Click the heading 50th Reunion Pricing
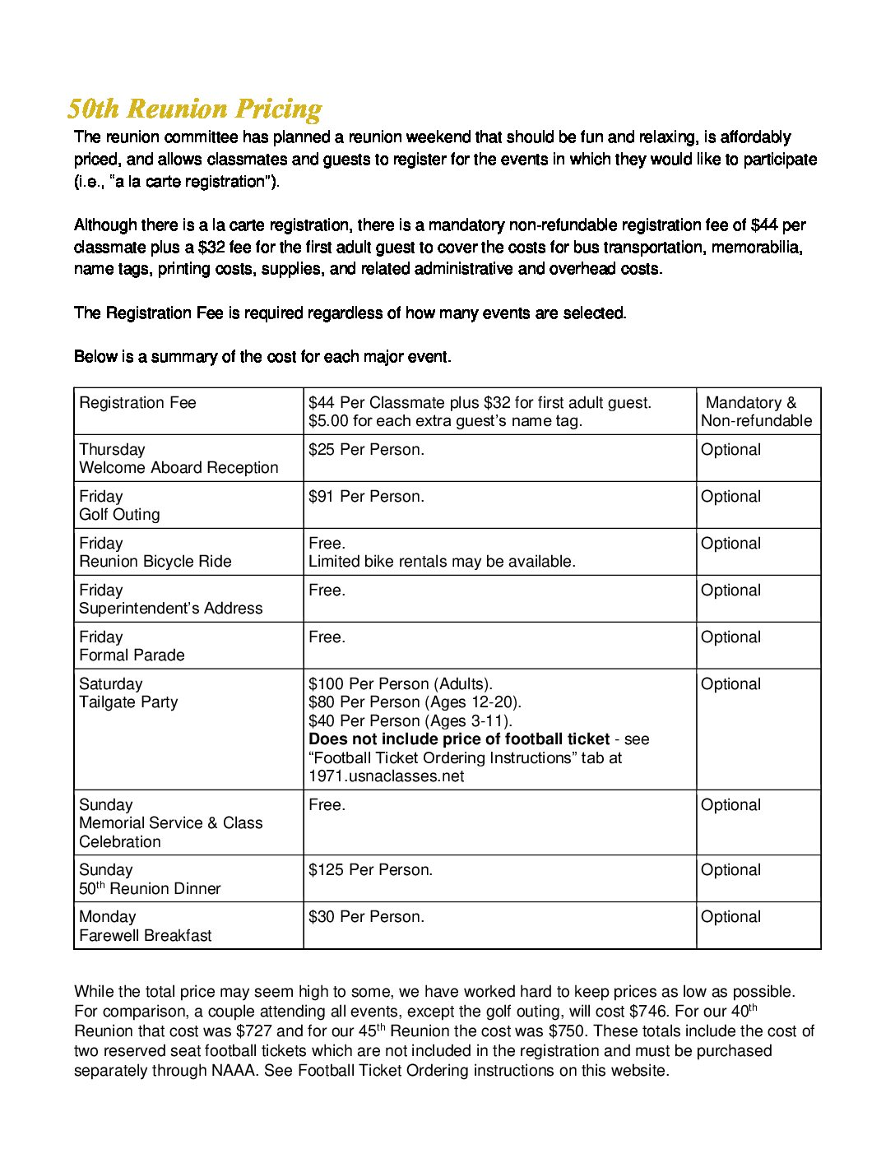pyautogui.click(x=194, y=109)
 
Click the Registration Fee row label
pyautogui.click(x=137, y=403)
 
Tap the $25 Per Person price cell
pyautogui.click(x=366, y=450)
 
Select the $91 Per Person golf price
pyautogui.click(x=366, y=497)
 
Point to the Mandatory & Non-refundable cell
pyautogui.click(x=756, y=412)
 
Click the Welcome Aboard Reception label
pyautogui.click(x=179, y=468)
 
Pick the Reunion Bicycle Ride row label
pyautogui.click(x=155, y=562)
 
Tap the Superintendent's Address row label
pyautogui.click(x=170, y=609)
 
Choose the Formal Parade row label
pyautogui.click(x=132, y=655)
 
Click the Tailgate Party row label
pyautogui.click(x=128, y=702)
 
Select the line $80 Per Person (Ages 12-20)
pyautogui.click(x=415, y=702)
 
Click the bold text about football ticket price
pyautogui.click(x=459, y=739)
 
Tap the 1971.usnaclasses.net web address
pyautogui.click(x=386, y=776)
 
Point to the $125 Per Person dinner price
pyautogui.click(x=370, y=870)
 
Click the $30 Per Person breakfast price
pyautogui.click(x=366, y=917)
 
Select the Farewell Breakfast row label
pyautogui.click(x=145, y=936)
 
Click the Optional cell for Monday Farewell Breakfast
pyautogui.click(x=730, y=917)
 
